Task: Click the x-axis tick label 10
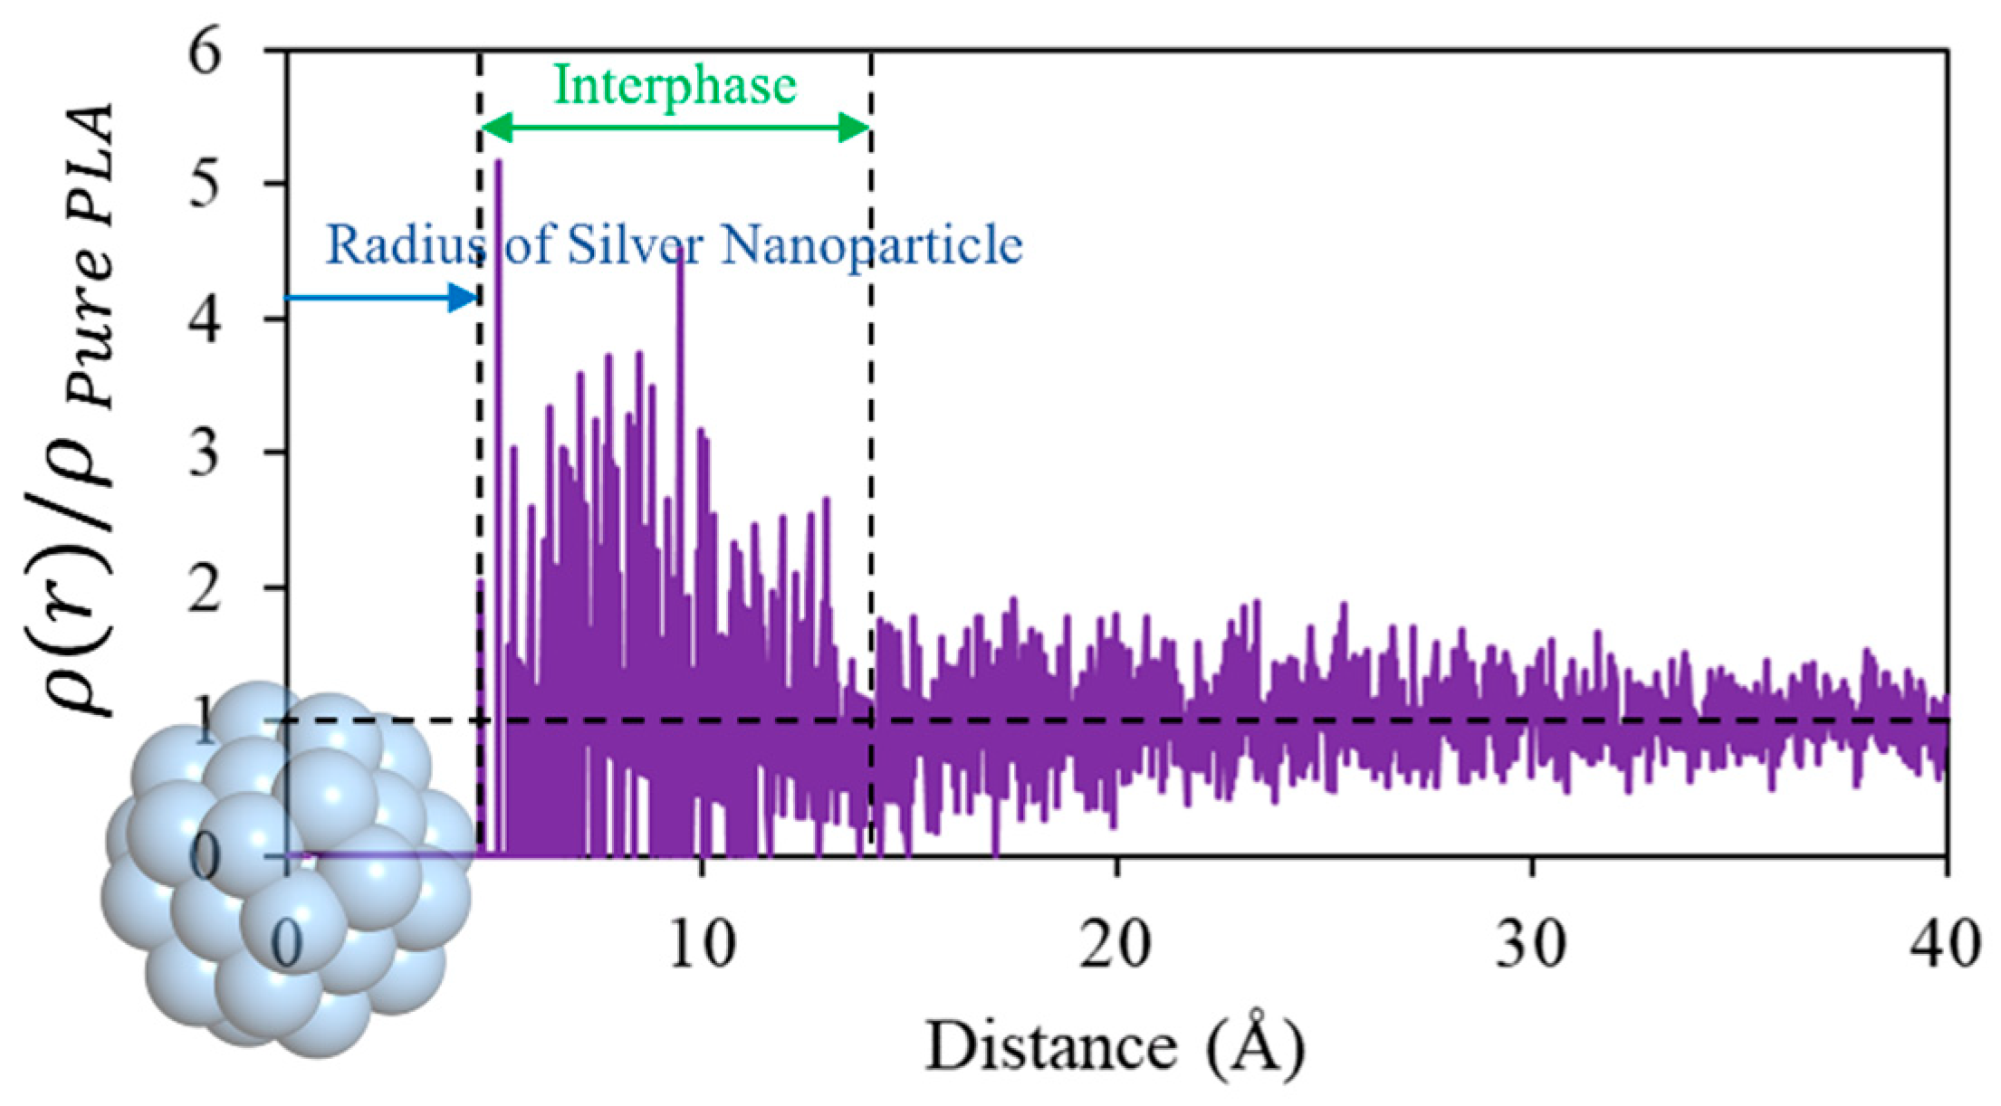click(703, 946)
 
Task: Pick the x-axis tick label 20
click(1117, 946)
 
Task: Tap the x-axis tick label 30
click(1532, 946)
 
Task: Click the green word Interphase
click(675, 87)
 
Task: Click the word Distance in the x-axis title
click(1050, 1047)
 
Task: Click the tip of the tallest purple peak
click(498, 163)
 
